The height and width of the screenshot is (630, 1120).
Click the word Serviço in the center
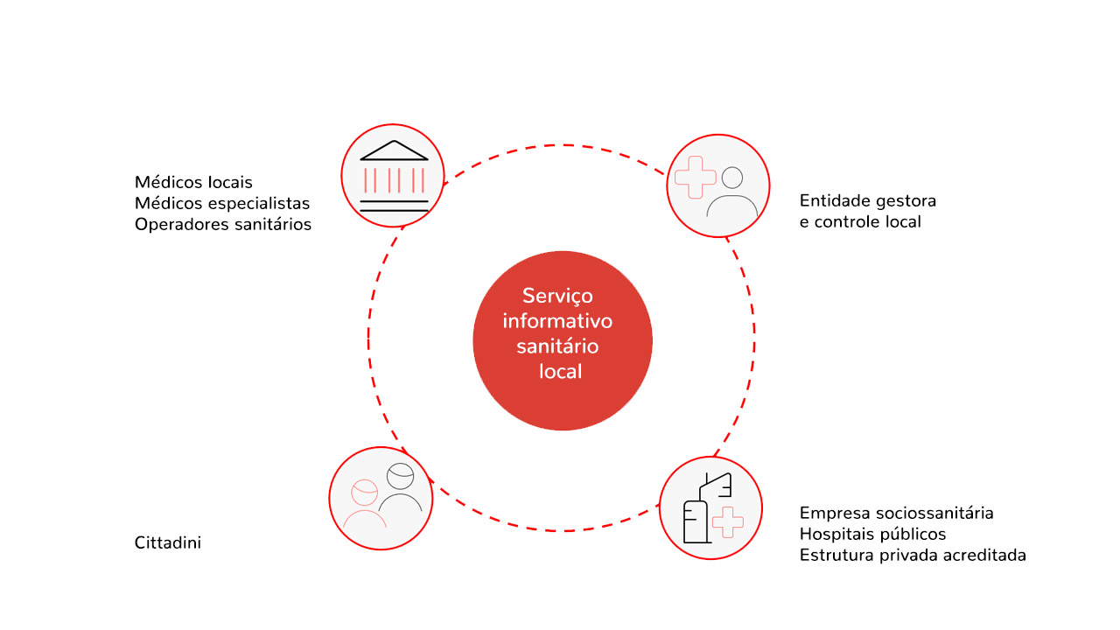point(557,295)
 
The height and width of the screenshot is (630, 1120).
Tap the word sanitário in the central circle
point(557,346)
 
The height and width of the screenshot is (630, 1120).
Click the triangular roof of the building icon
point(394,150)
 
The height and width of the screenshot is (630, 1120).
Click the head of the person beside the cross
point(732,178)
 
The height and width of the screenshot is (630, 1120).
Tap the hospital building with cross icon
point(710,508)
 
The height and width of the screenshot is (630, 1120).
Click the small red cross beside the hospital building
point(727,521)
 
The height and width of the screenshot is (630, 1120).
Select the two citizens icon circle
point(381,498)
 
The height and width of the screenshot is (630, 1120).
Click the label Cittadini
point(168,542)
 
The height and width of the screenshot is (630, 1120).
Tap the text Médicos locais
point(193,182)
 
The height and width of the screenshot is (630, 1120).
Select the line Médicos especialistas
point(222,203)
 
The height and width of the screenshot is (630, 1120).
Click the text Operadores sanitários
point(223,224)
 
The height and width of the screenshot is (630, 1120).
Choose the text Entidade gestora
point(867,200)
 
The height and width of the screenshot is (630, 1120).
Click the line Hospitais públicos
point(872,534)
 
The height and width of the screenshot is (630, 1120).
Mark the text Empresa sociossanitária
point(896,513)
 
